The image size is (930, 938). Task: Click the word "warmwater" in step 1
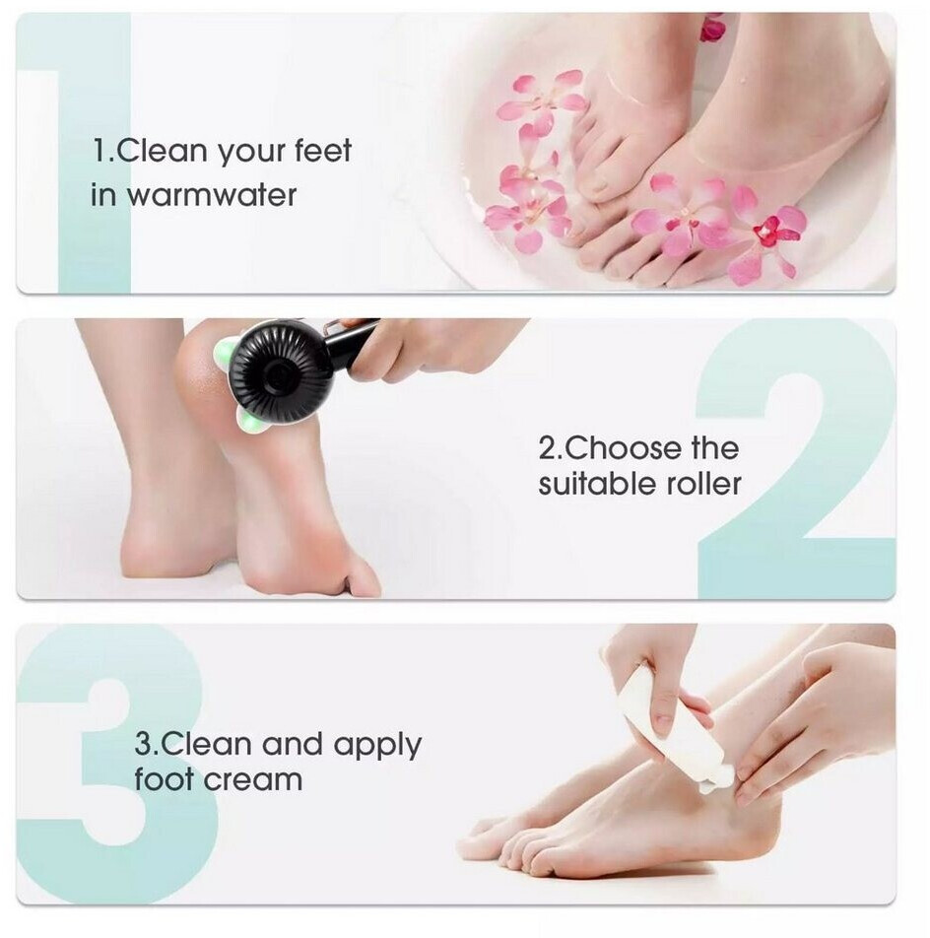(x=212, y=196)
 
